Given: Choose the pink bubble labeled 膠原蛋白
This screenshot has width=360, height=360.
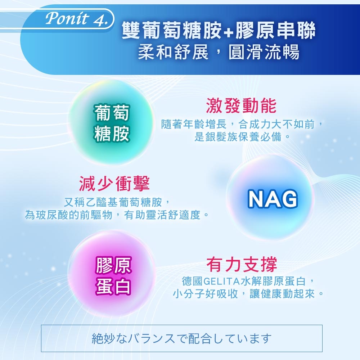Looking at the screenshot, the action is coord(112,274).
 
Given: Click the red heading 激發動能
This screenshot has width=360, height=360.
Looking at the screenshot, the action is coord(241,105).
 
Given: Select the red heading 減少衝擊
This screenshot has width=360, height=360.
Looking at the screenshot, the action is coord(114,184).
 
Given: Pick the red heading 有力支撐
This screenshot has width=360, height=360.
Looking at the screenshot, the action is coord(242,264).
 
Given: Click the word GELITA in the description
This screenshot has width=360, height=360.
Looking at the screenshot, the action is coord(221,281).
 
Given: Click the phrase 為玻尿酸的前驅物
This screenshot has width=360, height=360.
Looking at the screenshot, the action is coord(68,215).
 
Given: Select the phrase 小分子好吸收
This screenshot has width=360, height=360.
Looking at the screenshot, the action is coord(205,294).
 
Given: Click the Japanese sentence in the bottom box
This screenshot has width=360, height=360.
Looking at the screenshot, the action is coord(181,338).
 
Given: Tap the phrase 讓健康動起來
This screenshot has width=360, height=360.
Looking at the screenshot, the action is coord(282,294).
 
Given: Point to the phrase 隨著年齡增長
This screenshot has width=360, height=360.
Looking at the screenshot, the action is coord(194,124).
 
